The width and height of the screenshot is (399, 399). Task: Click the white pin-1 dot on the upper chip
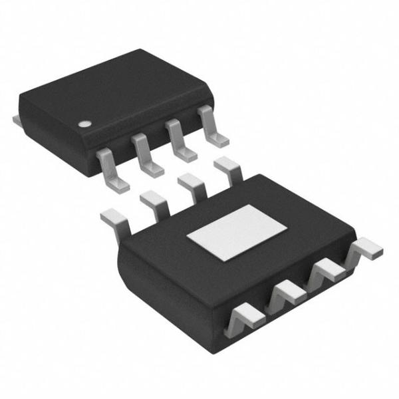[85, 124]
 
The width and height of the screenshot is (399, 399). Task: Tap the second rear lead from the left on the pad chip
[154, 201]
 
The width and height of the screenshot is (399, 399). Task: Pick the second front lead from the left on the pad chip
[285, 291]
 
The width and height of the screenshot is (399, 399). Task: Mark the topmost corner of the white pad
[250, 205]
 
